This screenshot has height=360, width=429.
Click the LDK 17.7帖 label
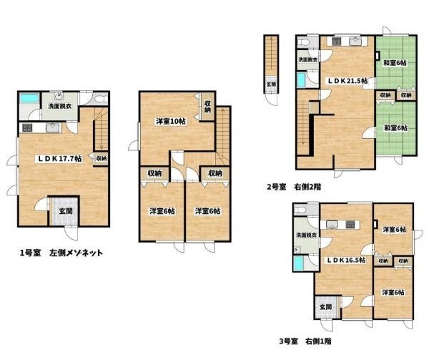pos(59,158)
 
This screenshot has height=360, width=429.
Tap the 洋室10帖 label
pos(171,121)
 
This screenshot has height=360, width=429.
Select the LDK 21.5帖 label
pos(347,81)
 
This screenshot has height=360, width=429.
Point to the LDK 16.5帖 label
pos(346,260)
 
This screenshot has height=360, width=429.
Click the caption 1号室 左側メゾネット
pos(61,253)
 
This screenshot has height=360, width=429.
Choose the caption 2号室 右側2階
pos(294,187)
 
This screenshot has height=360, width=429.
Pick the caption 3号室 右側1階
pos(305,341)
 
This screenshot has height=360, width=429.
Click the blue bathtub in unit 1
pos(29,99)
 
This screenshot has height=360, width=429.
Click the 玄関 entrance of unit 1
pos(66,211)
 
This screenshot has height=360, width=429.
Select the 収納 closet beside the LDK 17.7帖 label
pos(102,158)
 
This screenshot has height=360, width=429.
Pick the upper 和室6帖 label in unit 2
pos(395,63)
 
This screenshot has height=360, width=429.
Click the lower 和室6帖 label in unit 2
pos(395,128)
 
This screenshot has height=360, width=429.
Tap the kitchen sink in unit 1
pos(53,128)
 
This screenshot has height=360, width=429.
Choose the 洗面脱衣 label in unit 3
pos(307,235)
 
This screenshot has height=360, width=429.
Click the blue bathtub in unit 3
pos(298,263)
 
